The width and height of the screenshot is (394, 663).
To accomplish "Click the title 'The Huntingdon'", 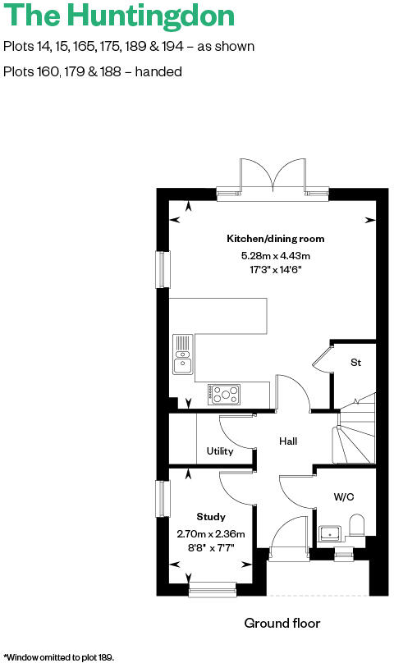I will [x=118, y=16].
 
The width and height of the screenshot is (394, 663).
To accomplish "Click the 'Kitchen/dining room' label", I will [x=276, y=239].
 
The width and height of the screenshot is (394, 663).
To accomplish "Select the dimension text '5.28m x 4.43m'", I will [x=276, y=255].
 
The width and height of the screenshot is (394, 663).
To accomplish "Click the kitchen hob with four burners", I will [x=224, y=395].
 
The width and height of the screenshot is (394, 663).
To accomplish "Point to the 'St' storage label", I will [x=356, y=362].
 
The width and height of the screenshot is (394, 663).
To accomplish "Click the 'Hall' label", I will [x=287, y=441].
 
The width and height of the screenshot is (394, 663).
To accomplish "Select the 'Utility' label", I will [x=220, y=451].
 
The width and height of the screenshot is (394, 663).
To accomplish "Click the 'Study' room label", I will [x=211, y=517].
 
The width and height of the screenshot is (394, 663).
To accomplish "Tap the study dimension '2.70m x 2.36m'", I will [x=211, y=533].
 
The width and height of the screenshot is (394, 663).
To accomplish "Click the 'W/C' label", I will [x=344, y=497].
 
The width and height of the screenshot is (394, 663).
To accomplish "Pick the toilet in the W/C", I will [x=356, y=527].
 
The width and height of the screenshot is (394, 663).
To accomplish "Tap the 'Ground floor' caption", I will [x=282, y=624].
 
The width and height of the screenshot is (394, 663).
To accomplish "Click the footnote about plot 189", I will [x=58, y=656].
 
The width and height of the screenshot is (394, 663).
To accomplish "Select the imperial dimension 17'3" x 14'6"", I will [x=276, y=269].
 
